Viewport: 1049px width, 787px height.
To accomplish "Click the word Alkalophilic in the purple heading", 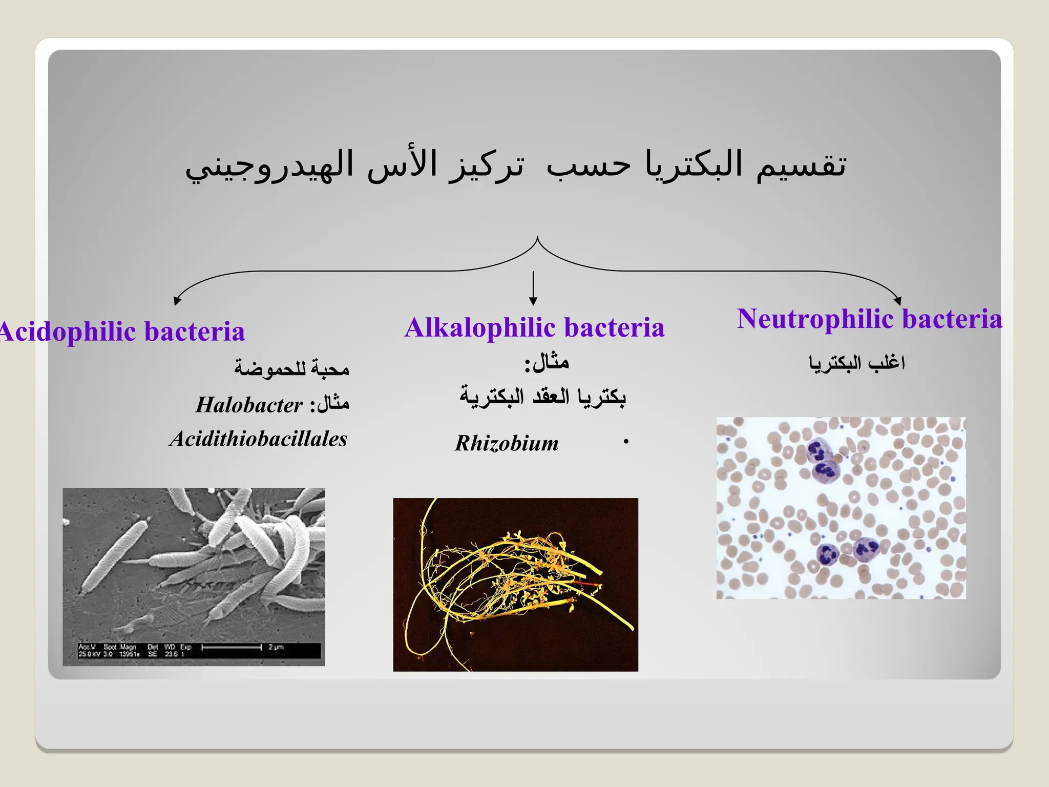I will pos(479,328).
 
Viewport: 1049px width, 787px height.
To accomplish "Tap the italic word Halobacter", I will pos(249,405).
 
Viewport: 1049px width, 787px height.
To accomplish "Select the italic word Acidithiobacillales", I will pos(259,439).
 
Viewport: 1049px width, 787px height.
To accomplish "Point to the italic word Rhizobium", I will pos(507,443).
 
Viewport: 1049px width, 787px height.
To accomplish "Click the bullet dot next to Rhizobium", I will pos(625,442).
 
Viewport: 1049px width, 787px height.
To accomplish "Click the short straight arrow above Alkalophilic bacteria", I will pos(533,288).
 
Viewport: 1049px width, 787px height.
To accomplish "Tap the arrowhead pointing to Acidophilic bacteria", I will pos(177,301).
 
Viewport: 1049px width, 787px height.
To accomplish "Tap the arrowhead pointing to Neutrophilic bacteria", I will pos(897,301).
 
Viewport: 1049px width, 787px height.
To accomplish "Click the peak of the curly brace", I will pos(537,239).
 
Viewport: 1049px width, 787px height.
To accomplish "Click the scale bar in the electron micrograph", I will pos(232,648).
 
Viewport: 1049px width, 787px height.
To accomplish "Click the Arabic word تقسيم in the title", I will pos(802,165).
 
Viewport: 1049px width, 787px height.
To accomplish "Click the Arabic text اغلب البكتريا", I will pos(857,363).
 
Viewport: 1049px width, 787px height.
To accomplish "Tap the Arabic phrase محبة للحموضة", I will pos(291,368).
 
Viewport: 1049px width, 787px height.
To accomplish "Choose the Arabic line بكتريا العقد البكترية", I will pos(542,396).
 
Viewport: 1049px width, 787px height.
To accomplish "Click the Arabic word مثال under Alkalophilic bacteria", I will pos(551,363).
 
